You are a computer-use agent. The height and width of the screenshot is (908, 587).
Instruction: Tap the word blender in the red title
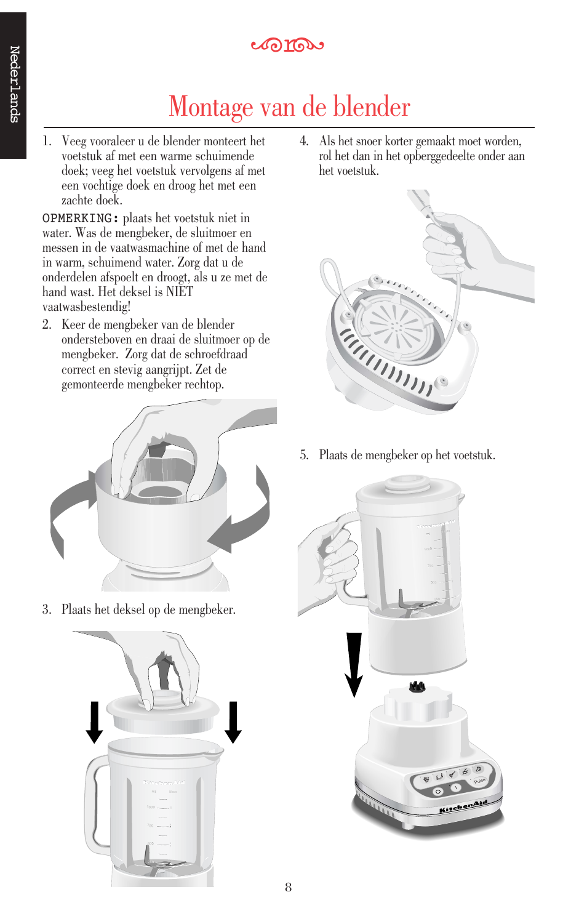click(x=371, y=106)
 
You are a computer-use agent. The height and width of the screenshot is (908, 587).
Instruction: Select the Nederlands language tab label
click(x=14, y=84)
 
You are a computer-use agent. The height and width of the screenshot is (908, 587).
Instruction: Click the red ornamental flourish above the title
click(x=287, y=45)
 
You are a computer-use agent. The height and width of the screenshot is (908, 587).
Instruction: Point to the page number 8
click(x=288, y=887)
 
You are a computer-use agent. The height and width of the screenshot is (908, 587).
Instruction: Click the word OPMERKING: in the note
click(x=80, y=219)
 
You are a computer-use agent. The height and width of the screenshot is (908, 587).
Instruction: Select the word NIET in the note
click(x=180, y=292)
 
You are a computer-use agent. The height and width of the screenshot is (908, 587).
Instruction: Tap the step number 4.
click(x=304, y=141)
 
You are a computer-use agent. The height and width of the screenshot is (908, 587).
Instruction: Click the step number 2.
click(x=47, y=324)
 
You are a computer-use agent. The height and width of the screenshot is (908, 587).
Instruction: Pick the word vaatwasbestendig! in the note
click(x=86, y=307)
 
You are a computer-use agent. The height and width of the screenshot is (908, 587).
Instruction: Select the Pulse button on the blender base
click(x=479, y=781)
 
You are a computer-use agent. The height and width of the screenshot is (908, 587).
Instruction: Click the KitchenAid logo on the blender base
click(x=463, y=806)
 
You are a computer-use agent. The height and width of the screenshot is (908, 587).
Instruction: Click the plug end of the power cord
click(x=419, y=200)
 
